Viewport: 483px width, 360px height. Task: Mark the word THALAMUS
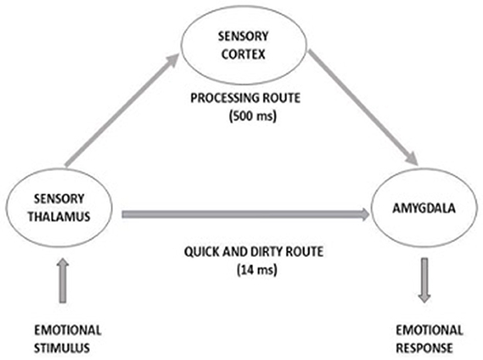pyautogui.click(x=57, y=218)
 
